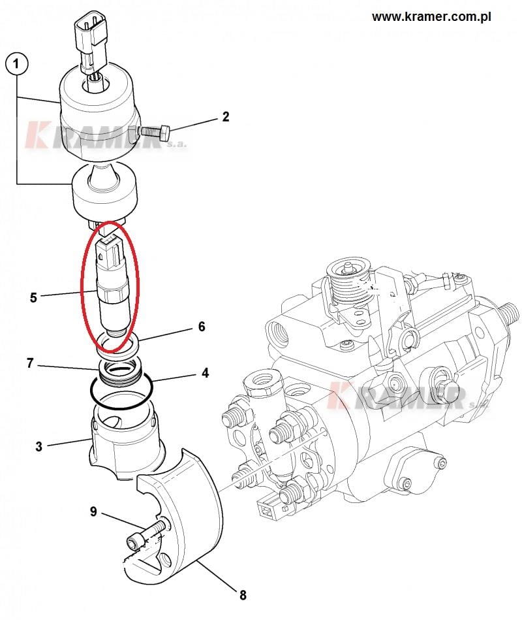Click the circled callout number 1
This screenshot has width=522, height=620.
pyautogui.click(x=16, y=63)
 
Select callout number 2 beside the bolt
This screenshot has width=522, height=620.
pyautogui.click(x=226, y=117)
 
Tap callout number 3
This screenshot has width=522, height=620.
pyautogui.click(x=38, y=446)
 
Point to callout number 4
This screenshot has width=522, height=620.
pyautogui.click(x=205, y=373)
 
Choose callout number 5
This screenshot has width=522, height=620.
pyautogui.click(x=33, y=297)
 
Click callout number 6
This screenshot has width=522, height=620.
pyautogui.click(x=202, y=327)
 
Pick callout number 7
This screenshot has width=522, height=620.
pyautogui.click(x=31, y=363)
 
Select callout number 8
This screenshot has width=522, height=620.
pyautogui.click(x=243, y=595)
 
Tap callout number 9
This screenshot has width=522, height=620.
pyautogui.click(x=93, y=512)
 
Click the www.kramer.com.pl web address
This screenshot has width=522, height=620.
pyautogui.click(x=431, y=17)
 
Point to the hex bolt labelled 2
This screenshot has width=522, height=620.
pyautogui.click(x=155, y=131)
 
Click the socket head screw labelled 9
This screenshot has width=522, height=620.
pyautogui.click(x=146, y=534)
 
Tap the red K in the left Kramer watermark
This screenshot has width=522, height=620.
pyautogui.click(x=37, y=135)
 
